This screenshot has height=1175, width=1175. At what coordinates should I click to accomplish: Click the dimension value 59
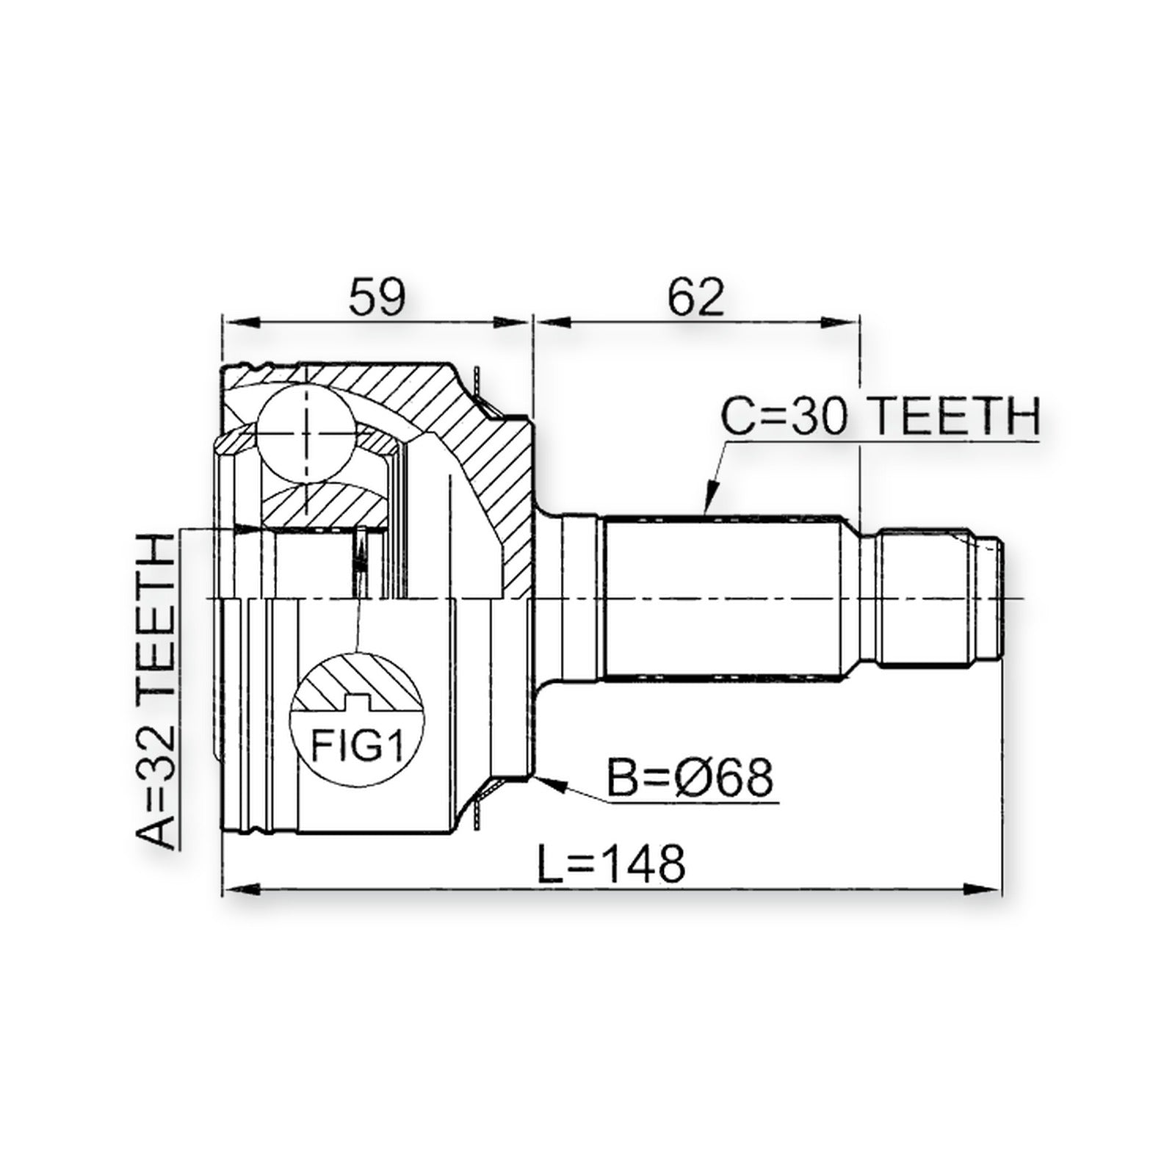click(377, 297)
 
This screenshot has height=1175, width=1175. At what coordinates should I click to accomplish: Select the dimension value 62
click(695, 297)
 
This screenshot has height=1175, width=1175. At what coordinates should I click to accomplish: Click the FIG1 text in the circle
click(358, 748)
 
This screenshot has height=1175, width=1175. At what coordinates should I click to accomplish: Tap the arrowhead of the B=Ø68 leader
click(550, 783)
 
